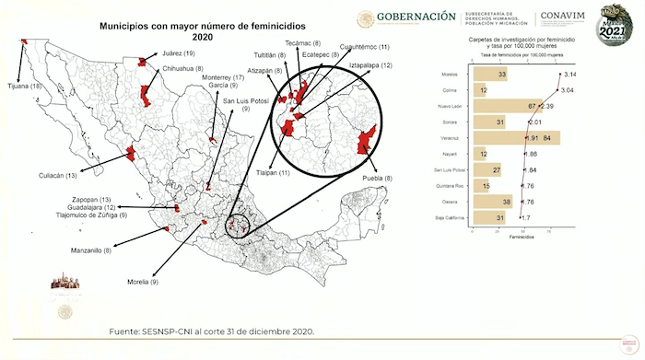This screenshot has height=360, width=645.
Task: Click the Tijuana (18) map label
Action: click(x=23, y=86)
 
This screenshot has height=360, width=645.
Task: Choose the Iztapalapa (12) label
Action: click(x=370, y=65)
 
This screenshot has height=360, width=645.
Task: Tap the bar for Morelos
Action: click(x=489, y=74)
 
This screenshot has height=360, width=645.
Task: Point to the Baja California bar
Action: click(x=488, y=217)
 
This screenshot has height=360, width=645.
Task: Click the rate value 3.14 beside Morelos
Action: click(x=570, y=74)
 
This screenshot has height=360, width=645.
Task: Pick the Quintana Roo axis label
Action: click(x=448, y=186)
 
